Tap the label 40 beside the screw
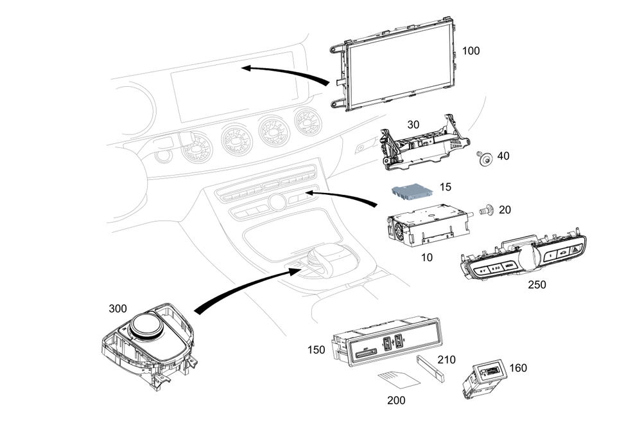(503, 156)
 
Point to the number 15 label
(446, 187)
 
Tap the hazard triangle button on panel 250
(577, 249)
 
